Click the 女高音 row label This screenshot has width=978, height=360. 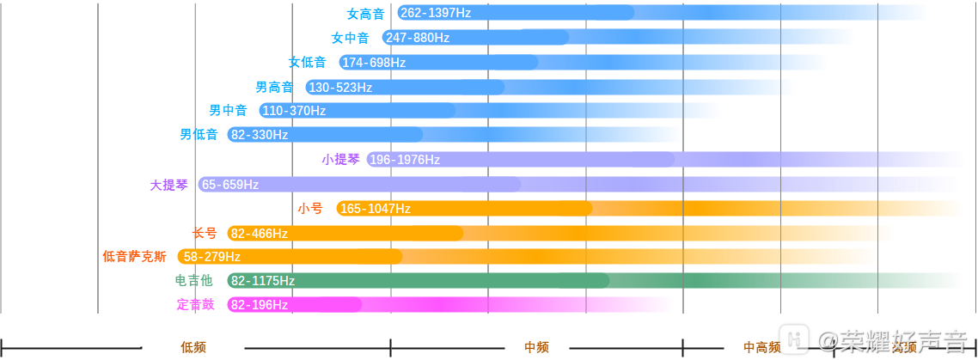click(x=365, y=14)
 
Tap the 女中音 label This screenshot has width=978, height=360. click(x=350, y=38)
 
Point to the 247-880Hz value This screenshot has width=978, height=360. click(x=418, y=38)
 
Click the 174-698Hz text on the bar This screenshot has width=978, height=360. click(x=374, y=63)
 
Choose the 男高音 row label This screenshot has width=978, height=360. click(x=274, y=87)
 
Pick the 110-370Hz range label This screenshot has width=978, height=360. click(x=294, y=111)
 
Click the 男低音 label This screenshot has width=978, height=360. click(x=199, y=135)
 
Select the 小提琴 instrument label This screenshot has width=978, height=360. click(x=341, y=159)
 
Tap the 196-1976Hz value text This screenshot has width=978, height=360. click(x=405, y=160)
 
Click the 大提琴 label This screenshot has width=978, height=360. click(x=168, y=185)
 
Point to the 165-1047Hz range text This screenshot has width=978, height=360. click(x=376, y=209)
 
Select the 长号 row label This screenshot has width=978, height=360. click(x=205, y=233)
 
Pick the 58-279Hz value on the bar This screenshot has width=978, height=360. click(x=211, y=257)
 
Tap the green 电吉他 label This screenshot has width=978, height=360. click(x=193, y=280)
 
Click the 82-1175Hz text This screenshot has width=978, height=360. click(x=263, y=281)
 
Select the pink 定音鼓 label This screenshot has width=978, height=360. click(x=196, y=304)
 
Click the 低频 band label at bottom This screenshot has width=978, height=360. click(x=193, y=347)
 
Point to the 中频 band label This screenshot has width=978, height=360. click(x=536, y=347)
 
